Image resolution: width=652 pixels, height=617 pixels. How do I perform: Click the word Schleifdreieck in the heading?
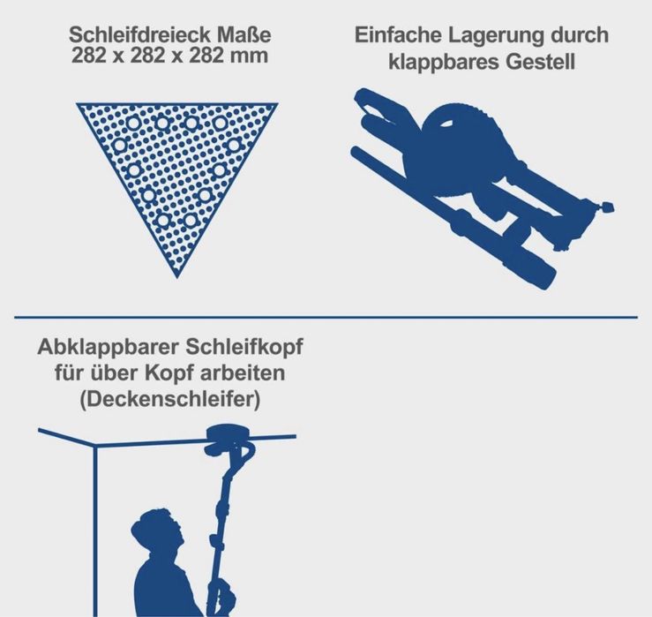coord(140,34)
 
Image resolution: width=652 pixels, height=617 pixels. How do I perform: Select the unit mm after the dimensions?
coord(249,56)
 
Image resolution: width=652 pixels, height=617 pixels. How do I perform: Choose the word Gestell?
coord(540,62)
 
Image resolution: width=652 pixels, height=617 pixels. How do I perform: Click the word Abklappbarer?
coord(109,348)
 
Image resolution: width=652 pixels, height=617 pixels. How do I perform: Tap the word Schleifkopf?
coord(244,348)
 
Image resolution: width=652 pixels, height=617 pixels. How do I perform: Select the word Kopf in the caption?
coord(169,374)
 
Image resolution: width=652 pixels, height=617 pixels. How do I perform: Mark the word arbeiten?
coord(243,372)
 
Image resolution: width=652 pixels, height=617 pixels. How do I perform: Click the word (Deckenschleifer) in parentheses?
coord(170,400)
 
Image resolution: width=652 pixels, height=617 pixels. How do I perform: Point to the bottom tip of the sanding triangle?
coord(177,277)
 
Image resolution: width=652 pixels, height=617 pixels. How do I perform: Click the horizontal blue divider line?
coord(326,318)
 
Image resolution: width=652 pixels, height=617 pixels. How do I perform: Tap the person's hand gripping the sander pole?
coord(224,591)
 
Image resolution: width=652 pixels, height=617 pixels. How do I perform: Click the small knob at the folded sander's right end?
coord(609,207)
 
